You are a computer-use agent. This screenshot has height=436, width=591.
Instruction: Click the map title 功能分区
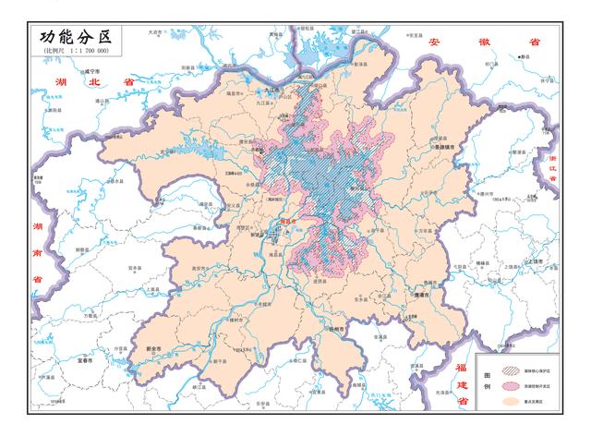click(75, 37)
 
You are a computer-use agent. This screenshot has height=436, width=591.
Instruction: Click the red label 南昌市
click(288, 222)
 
